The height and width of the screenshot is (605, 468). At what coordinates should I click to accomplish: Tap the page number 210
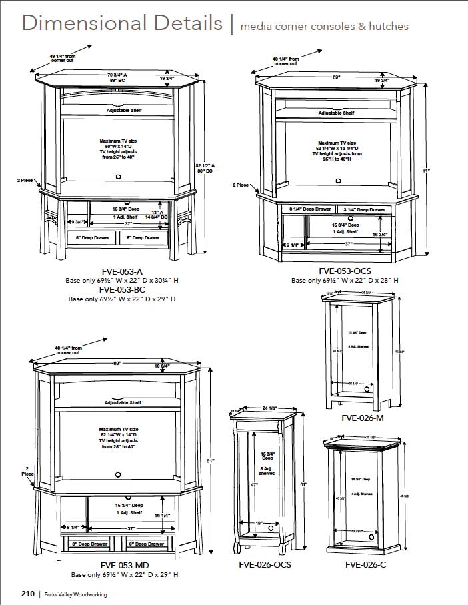coord(27,594)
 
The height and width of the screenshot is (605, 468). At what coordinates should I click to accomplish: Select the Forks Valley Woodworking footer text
coord(76,594)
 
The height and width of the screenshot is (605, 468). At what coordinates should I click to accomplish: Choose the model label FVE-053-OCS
coord(345,271)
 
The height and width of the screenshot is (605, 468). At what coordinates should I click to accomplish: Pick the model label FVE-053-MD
coord(125,565)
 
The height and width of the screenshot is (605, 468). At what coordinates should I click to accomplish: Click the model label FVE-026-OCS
coord(265,564)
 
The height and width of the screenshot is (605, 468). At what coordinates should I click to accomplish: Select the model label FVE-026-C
coord(365,564)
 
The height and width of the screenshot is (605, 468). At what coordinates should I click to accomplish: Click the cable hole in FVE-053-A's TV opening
coord(118,177)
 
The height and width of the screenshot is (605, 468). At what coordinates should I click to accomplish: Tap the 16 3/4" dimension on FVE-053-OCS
coord(379,235)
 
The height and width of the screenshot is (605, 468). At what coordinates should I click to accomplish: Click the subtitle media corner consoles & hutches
coord(324,27)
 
